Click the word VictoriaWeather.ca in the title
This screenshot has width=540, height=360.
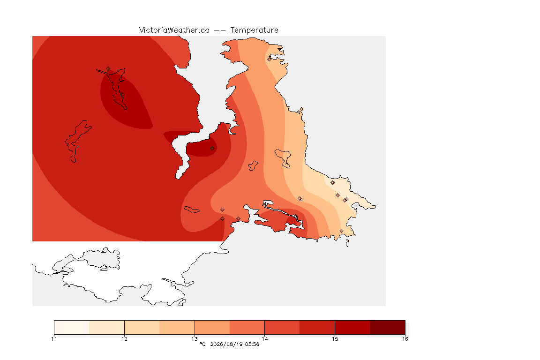coord(174,30)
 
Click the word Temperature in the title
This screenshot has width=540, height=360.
coord(254,30)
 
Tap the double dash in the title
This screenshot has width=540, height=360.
coord(220,30)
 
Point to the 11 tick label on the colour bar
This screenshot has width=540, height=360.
coord(54,339)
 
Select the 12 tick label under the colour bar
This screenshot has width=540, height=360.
coord(124,339)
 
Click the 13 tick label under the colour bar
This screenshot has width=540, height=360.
coord(195,339)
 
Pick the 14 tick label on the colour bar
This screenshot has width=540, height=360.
coord(264,339)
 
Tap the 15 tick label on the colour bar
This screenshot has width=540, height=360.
coord(335,339)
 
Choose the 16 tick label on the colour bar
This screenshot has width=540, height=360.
coord(405,339)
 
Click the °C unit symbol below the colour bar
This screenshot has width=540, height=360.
coord(202,344)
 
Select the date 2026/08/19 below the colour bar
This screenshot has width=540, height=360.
coord(226,344)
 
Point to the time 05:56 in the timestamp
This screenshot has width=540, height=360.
coord(252,344)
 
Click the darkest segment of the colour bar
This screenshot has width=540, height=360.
coord(388,327)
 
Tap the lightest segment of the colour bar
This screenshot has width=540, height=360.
coord(72,327)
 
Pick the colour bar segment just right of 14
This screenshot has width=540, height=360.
coord(282,327)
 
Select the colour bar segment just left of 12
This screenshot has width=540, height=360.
coord(107,327)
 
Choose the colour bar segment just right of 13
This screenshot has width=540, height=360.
coord(212,327)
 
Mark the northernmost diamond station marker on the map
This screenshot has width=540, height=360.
coord(270,59)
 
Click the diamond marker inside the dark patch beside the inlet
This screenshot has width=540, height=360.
coord(212,149)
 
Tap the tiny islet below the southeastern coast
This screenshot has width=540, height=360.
coord(347,243)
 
